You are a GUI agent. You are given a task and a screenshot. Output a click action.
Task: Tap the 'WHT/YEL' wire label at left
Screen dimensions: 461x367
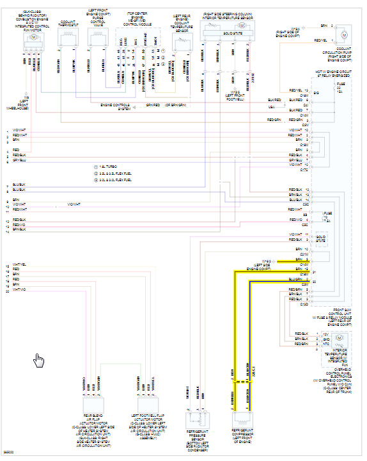tap(19, 264)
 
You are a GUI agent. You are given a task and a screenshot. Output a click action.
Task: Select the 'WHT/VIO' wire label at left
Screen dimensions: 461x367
tap(19, 290)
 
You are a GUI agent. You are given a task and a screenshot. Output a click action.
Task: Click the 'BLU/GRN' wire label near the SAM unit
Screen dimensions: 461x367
tap(295, 279)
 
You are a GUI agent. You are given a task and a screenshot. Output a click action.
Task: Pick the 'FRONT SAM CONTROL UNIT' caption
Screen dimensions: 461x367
tap(333, 313)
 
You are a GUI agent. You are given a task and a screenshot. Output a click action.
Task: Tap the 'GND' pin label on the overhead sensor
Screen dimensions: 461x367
tap(327, 339)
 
